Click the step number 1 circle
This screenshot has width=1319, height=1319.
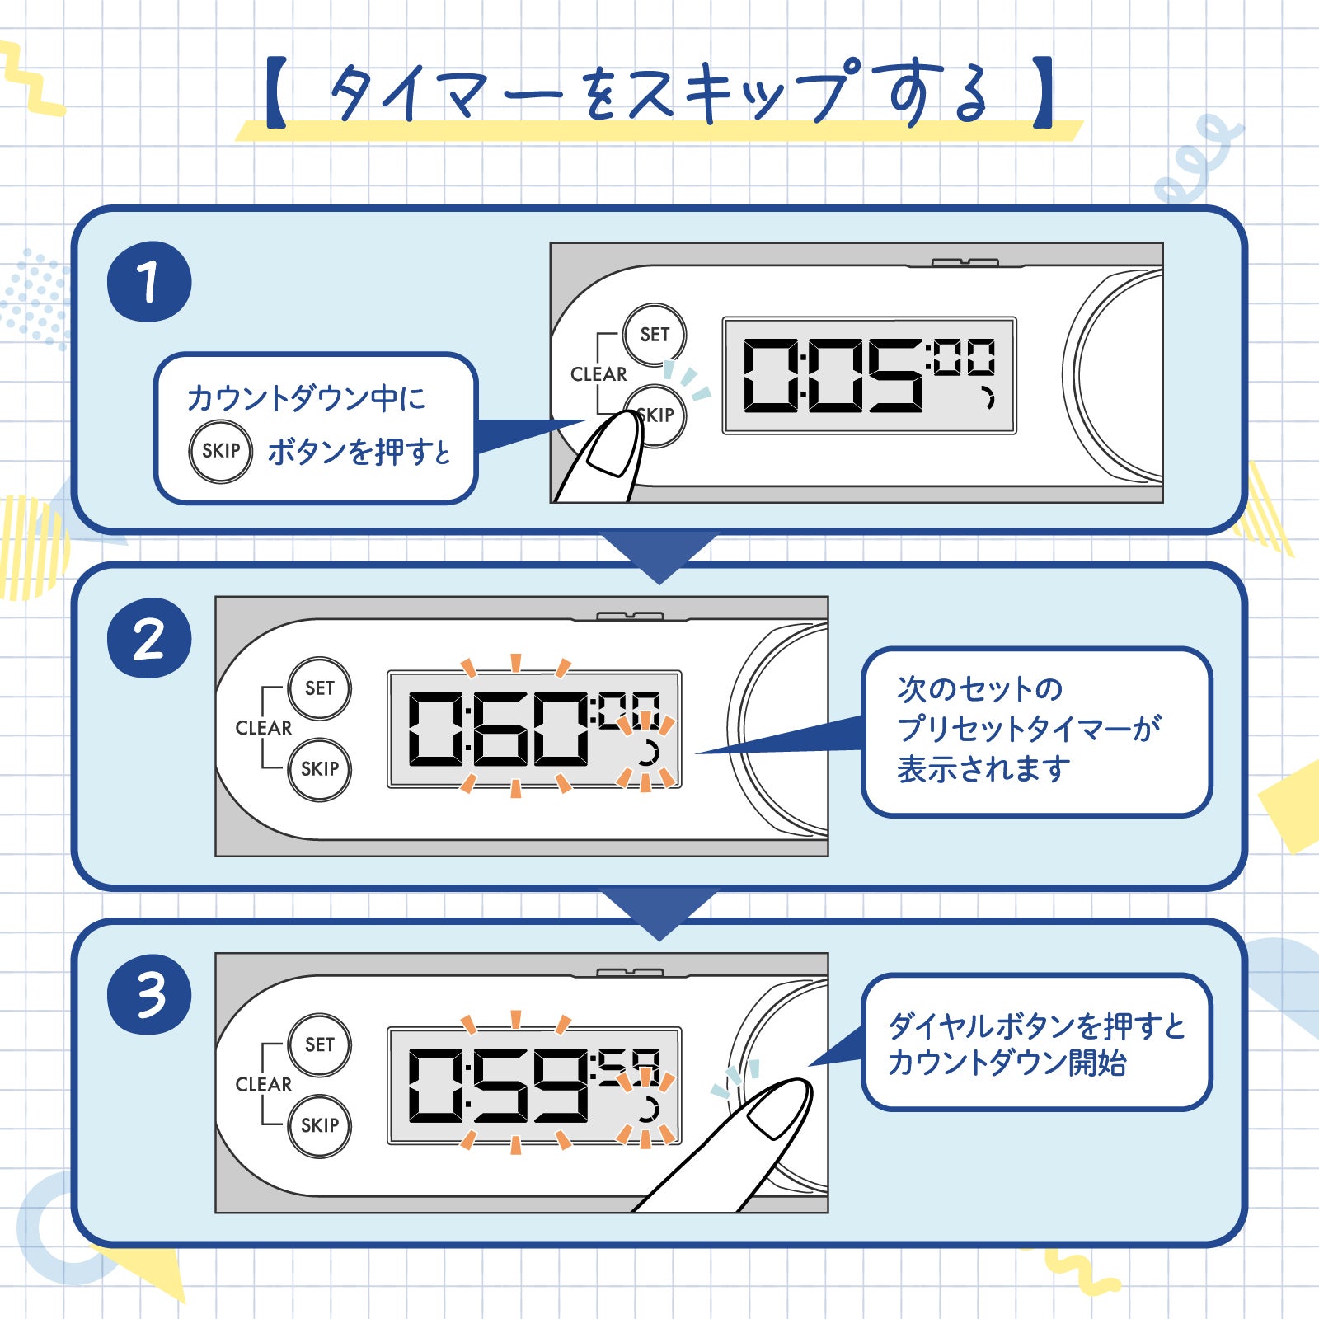pyautogui.click(x=149, y=282)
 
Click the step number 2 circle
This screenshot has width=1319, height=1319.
pyautogui.click(x=149, y=639)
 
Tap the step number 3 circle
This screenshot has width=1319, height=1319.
pyautogui.click(x=149, y=995)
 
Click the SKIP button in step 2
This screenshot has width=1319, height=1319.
pyautogui.click(x=320, y=769)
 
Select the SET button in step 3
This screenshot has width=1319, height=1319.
pyautogui.click(x=320, y=1044)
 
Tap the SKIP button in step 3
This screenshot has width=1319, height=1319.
pyautogui.click(x=320, y=1125)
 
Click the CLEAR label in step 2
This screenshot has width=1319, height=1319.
pyautogui.click(x=263, y=728)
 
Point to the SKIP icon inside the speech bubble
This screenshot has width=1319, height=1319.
pyautogui.click(x=220, y=451)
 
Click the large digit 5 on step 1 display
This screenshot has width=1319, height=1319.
pyautogui.click(x=894, y=376)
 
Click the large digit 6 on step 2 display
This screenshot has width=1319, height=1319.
pyautogui.click(x=500, y=729)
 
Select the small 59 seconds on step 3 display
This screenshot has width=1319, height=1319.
pyautogui.click(x=629, y=1068)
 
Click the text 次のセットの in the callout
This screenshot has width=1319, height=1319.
pyautogui.click(x=979, y=689)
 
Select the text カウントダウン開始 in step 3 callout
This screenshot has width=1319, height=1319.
pyautogui.click(x=1007, y=1063)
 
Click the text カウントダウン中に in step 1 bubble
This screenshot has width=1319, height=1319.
pyautogui.click(x=306, y=398)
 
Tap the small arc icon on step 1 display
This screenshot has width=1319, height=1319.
pyautogui.click(x=987, y=399)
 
